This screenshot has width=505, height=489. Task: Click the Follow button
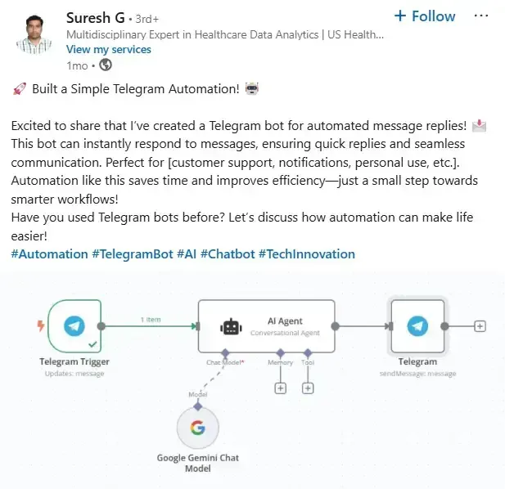pos(425,16)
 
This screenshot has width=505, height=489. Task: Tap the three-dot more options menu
pos(480,16)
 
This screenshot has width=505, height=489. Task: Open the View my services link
pos(109,50)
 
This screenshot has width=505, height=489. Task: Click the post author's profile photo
pos(34,34)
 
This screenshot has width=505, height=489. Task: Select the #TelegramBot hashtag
pos(133,254)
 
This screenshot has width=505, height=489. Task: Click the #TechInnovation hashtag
pos(307,254)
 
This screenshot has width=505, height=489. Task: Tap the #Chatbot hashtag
pos(228,254)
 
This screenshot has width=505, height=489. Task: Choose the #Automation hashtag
pos(49,254)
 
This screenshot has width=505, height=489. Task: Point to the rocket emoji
pos(20,89)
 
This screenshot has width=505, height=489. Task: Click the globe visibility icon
pos(106,65)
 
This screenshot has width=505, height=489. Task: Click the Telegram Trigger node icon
pos(74,326)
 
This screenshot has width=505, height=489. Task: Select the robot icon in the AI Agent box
pos(231,327)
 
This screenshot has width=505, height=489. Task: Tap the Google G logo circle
pos(198,428)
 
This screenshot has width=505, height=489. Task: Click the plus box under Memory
pos(281,388)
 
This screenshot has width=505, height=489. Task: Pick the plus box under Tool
pos(308,388)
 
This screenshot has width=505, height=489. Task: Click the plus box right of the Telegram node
pos(480,326)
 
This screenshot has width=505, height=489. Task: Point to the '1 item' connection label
pos(151,320)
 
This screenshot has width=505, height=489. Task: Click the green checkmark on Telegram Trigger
pos(92,344)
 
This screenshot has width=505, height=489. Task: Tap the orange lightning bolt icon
pos(41,325)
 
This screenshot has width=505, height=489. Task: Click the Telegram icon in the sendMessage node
pos(417,326)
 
